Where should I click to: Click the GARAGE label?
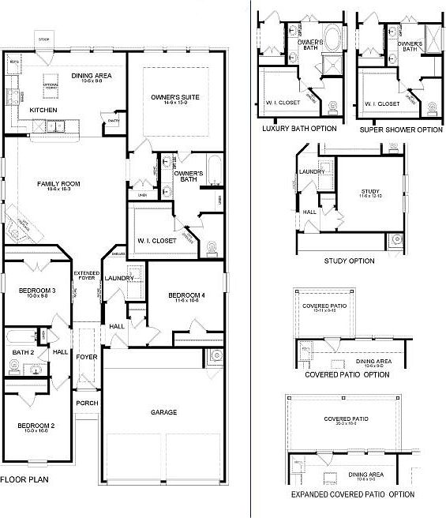[x=163, y=412]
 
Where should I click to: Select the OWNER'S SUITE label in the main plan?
[x=174, y=97]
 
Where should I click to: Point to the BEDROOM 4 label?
[x=186, y=295]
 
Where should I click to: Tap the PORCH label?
[x=86, y=402]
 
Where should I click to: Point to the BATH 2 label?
[x=21, y=352]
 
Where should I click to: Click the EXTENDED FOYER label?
[x=86, y=276]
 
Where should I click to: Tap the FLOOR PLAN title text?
[x=23, y=479]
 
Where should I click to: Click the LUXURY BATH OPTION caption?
[x=298, y=129]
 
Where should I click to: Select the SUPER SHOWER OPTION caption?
[x=400, y=129]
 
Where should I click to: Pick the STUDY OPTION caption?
[x=349, y=261]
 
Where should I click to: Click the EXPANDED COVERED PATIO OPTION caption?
[x=352, y=494]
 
